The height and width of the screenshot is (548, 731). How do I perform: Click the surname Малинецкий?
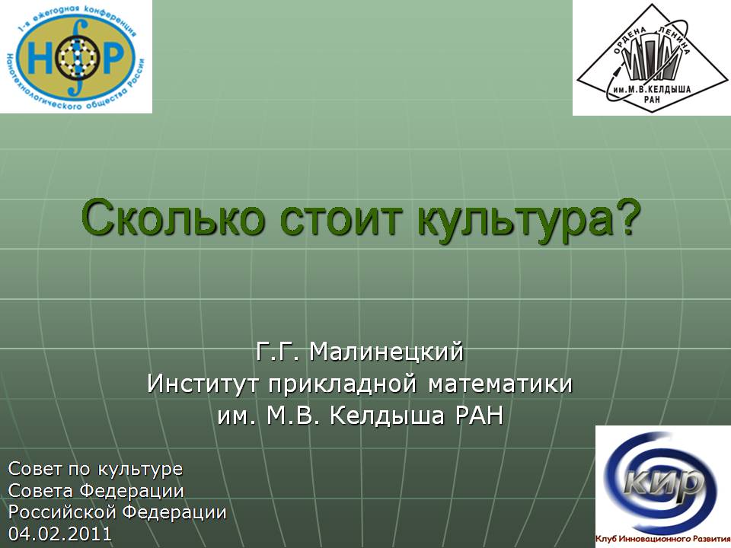[387, 352]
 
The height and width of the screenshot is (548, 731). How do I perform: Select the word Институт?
[203, 384]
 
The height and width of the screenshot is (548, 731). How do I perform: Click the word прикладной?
[342, 384]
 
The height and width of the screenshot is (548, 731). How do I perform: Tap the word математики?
[500, 384]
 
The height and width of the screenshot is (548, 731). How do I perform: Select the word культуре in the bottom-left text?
[140, 470]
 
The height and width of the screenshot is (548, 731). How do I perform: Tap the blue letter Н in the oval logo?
[38, 58]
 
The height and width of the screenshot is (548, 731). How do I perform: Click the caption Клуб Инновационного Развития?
[663, 539]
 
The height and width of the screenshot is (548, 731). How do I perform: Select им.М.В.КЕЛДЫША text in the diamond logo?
[651, 89]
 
